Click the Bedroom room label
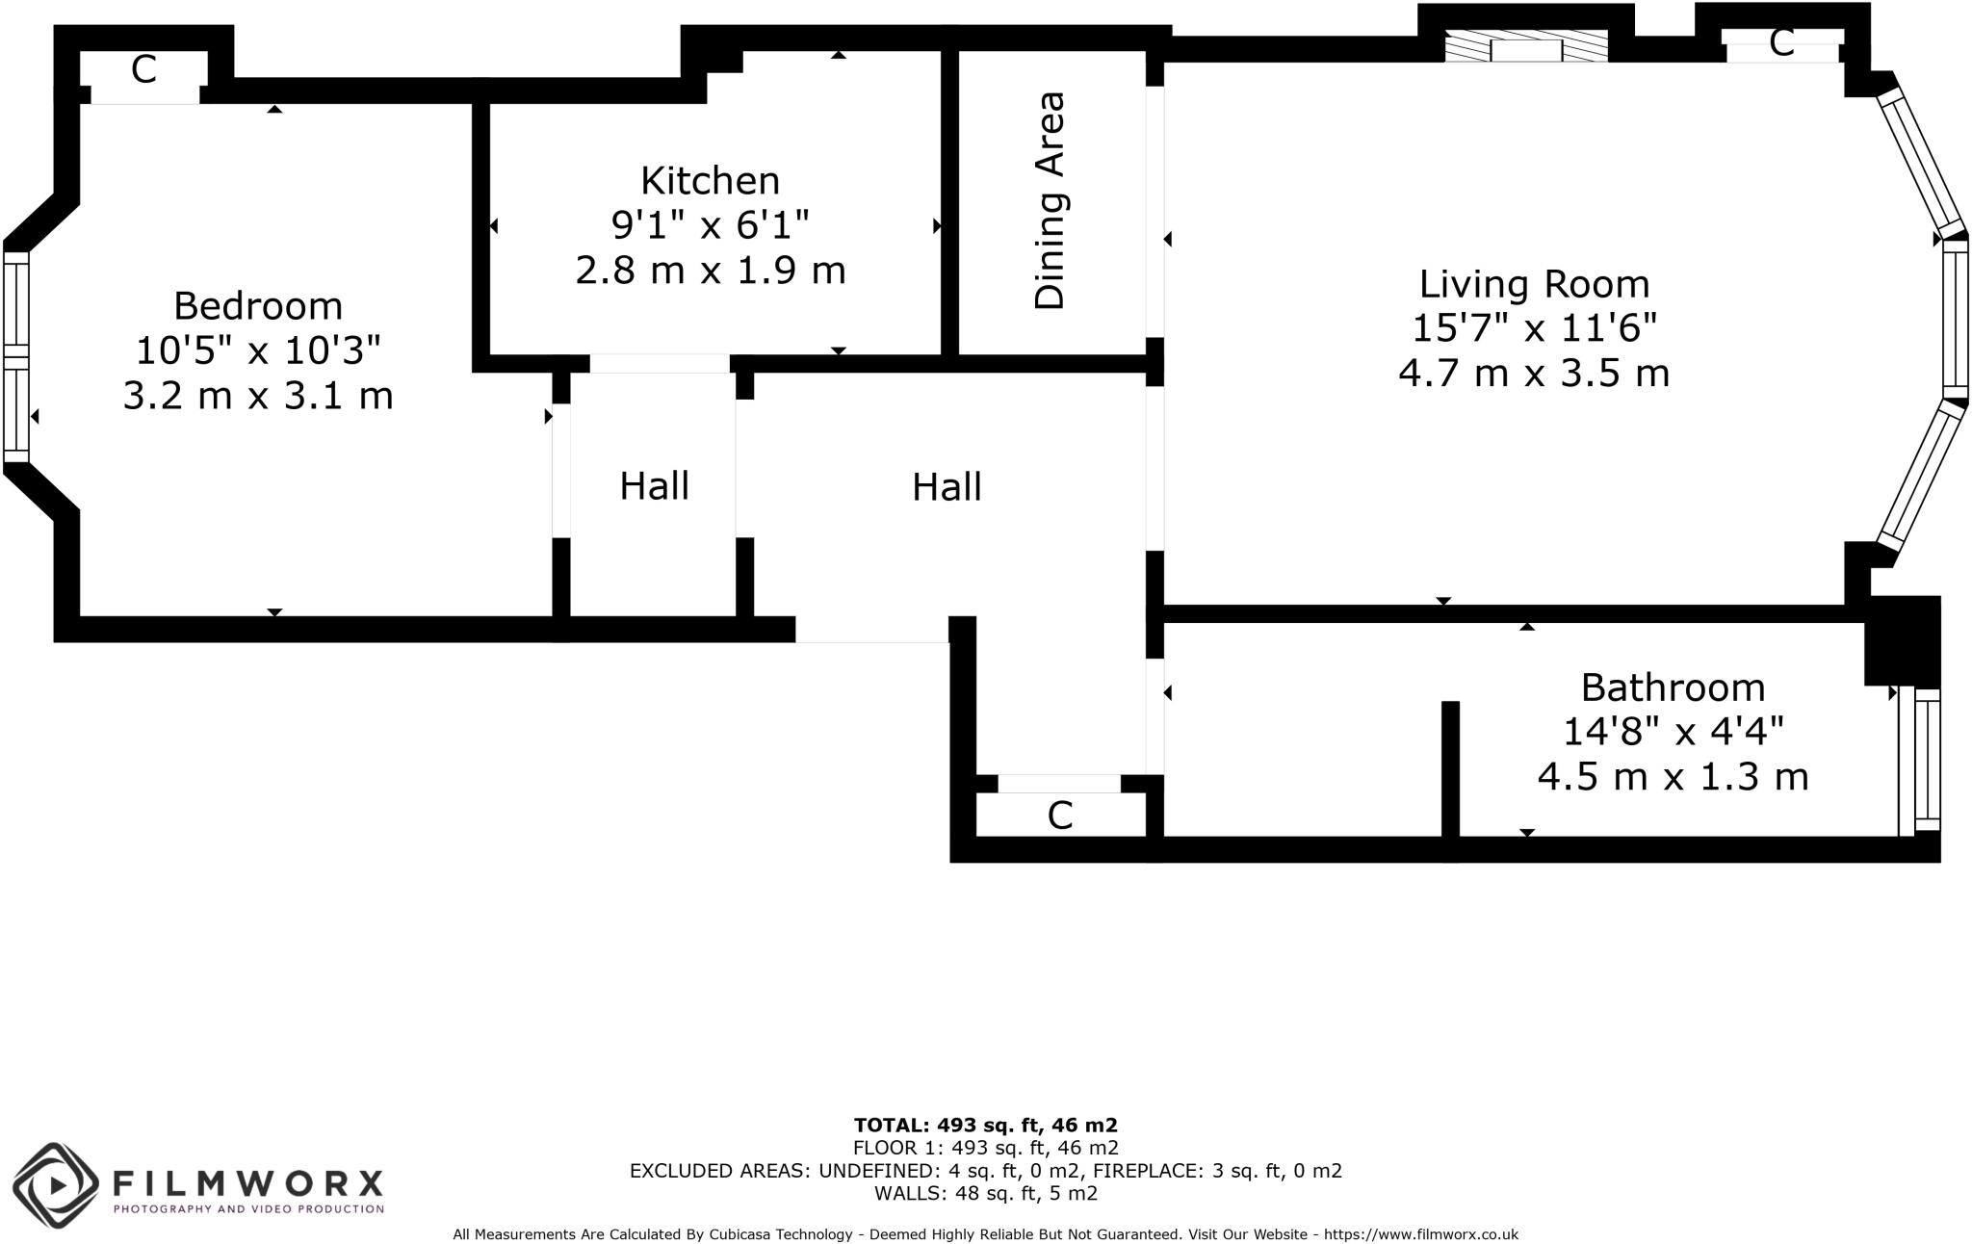coord(258,306)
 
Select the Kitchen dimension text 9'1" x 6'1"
coord(710,225)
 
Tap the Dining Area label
coord(1050,200)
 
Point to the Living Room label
coord(1534,284)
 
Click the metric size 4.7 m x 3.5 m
coord(1533,373)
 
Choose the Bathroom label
coord(1673,687)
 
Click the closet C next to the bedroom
coord(143,69)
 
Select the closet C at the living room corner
coord(1781,42)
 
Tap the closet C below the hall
coord(1059,816)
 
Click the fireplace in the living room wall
coord(1525,49)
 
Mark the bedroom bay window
coord(16,356)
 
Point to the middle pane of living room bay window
coord(1955,318)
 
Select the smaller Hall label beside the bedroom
coord(654,486)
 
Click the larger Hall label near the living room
coord(947,487)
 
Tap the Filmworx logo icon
coord(56,1185)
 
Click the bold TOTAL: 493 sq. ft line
coord(985,1125)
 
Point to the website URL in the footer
coord(1420,1234)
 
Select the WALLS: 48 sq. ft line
coord(985,1194)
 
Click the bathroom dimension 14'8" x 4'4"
coord(1673,732)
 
